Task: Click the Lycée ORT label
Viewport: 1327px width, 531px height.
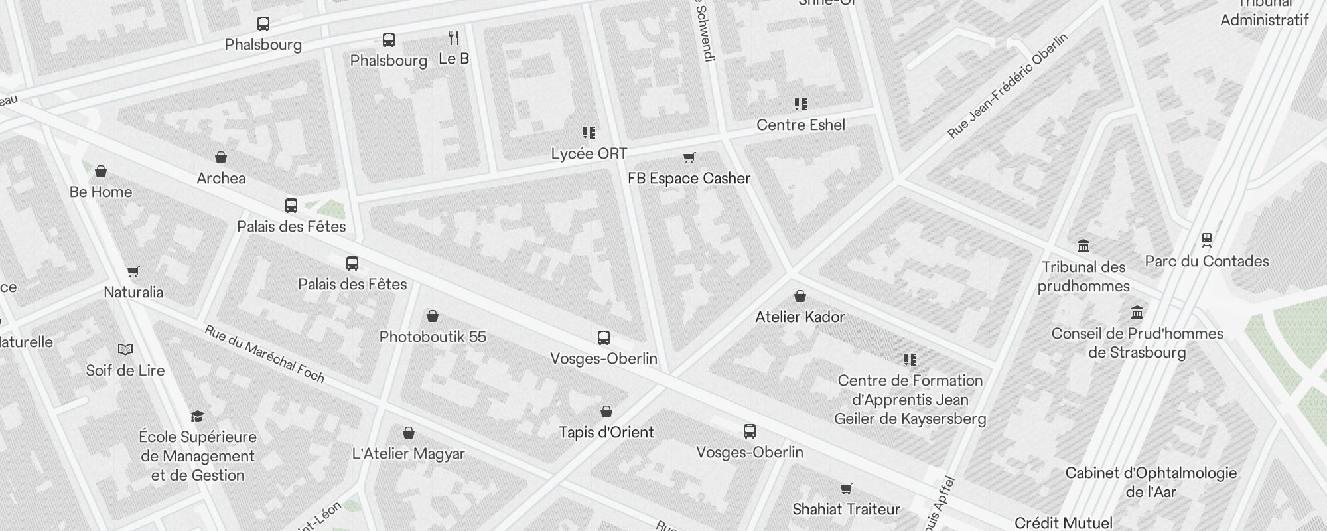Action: (589, 154)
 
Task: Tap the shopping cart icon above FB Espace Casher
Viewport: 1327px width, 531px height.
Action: (689, 158)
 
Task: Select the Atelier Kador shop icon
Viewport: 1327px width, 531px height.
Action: (800, 296)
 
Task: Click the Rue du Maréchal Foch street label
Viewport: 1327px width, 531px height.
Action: (264, 354)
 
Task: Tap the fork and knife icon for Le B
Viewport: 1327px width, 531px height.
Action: (454, 38)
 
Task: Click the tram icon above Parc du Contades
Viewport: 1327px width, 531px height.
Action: (1206, 240)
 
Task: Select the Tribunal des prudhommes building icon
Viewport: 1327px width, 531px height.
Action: (1083, 246)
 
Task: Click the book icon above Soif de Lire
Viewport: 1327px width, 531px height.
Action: (125, 350)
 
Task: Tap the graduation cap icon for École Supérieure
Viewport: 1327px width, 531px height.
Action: (197, 416)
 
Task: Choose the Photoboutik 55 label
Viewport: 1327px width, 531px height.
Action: (433, 337)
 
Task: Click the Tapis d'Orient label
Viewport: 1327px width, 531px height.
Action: (606, 433)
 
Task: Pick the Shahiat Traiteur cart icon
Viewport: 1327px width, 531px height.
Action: (846, 489)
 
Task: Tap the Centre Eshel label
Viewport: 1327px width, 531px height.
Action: (800, 125)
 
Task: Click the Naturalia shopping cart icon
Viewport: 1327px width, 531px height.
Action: (133, 271)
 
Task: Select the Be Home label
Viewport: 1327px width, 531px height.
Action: (101, 192)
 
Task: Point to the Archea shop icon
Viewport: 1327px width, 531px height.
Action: (221, 157)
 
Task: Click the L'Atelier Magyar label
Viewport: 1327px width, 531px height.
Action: (408, 454)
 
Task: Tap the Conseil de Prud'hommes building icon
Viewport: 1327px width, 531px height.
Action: (1137, 312)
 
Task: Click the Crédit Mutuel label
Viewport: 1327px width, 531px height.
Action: (1063, 522)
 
